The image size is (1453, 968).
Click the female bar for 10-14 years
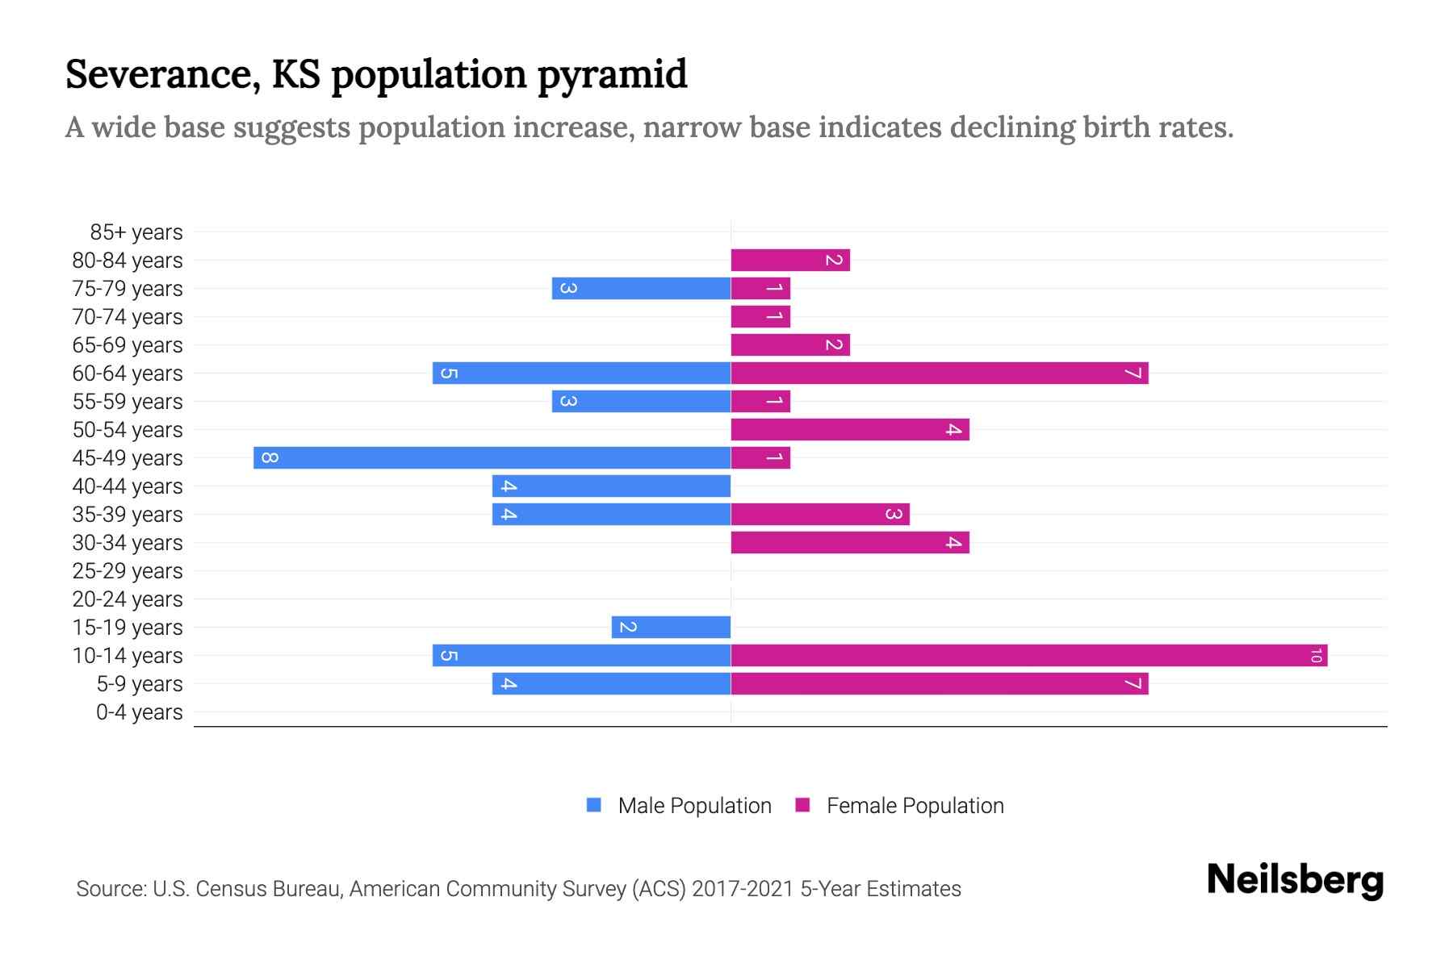pos(1028,656)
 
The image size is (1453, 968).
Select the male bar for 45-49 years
pos(492,458)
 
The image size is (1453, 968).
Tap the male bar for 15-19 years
pos(671,628)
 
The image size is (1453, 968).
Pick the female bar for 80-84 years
pos(789,261)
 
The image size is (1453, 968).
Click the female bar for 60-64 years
pos(939,373)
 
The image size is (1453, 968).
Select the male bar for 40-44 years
pos(611,486)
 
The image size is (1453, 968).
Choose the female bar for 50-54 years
pos(849,430)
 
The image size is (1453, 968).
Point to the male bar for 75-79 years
pos(641,289)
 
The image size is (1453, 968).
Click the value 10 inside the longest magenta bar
pos(1316,656)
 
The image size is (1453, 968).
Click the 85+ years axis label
pos(136,232)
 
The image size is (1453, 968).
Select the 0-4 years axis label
pos(139,712)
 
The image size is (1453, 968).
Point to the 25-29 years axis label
pos(128,571)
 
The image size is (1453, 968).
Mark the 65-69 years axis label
pos(128,345)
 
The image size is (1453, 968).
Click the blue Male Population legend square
pos(594,805)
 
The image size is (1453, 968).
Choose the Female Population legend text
pos(915,806)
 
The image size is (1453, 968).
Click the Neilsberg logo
pos(1295,880)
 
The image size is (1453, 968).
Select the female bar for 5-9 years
pos(939,684)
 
